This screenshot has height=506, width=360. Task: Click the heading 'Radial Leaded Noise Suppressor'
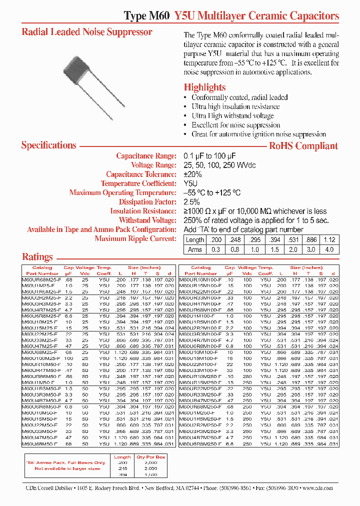coord(87,32)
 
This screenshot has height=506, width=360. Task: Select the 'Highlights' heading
coord(204,87)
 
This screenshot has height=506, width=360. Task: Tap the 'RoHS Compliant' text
coord(303,146)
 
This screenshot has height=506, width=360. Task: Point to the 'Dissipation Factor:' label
coord(147,202)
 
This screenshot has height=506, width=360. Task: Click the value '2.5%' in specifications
coord(192,202)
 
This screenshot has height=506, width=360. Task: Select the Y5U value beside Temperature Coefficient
coord(191,183)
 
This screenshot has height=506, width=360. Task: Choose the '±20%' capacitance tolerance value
coord(192,174)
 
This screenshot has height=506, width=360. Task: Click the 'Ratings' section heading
coord(37,257)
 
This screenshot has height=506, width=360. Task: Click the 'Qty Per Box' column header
coord(150,456)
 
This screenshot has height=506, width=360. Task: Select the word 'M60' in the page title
coord(159,16)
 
